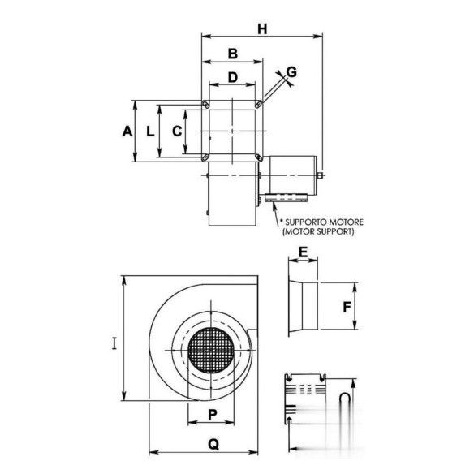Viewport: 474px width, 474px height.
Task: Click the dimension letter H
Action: (262, 29)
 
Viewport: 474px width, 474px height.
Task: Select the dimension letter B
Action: (232, 54)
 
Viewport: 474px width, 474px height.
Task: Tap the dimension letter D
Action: (232, 77)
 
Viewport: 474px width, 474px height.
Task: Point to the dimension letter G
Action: (291, 72)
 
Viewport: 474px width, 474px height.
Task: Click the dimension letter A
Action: (127, 131)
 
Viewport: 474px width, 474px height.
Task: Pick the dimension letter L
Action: (150, 131)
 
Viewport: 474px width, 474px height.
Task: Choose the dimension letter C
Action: (177, 131)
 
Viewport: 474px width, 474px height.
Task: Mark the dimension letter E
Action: (303, 252)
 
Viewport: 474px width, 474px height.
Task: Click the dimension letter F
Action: (347, 307)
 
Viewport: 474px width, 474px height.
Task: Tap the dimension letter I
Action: (114, 343)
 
